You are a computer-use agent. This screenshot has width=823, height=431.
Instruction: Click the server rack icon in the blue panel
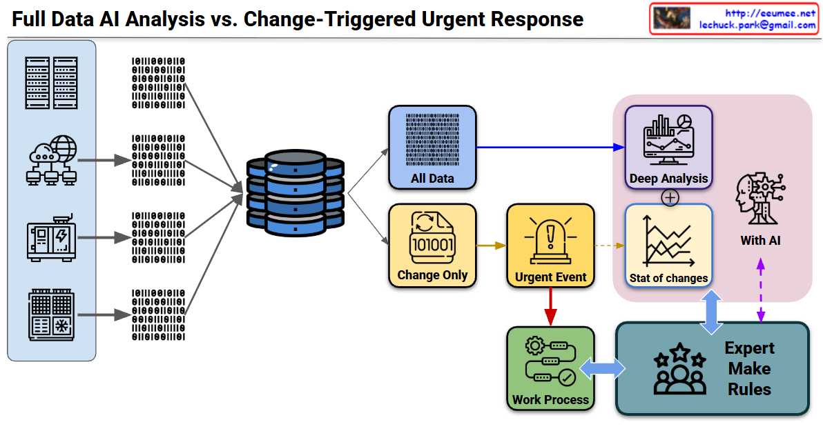[x=51, y=83]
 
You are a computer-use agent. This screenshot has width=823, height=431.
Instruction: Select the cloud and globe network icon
[x=51, y=161]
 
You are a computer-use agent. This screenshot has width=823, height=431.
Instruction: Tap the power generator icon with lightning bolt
[x=51, y=237]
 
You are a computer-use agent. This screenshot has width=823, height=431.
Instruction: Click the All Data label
[x=432, y=179]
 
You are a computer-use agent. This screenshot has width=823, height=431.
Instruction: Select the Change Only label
[x=432, y=275]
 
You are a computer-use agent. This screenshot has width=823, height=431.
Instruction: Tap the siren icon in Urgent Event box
[x=550, y=241]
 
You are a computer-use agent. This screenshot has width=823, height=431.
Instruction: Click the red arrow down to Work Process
[x=550, y=307]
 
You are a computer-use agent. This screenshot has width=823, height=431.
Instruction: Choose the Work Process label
[x=550, y=399]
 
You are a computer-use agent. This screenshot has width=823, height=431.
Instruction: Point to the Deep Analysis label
[x=668, y=179]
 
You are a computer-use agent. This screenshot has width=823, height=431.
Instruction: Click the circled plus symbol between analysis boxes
[x=670, y=197]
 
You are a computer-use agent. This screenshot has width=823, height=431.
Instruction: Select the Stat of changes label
[x=668, y=279]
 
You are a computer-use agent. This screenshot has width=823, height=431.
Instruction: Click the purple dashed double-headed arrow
[x=761, y=290]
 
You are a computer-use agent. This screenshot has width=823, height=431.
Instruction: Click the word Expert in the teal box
[x=749, y=348]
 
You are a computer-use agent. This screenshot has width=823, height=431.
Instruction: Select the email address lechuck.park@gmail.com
[x=757, y=25]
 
